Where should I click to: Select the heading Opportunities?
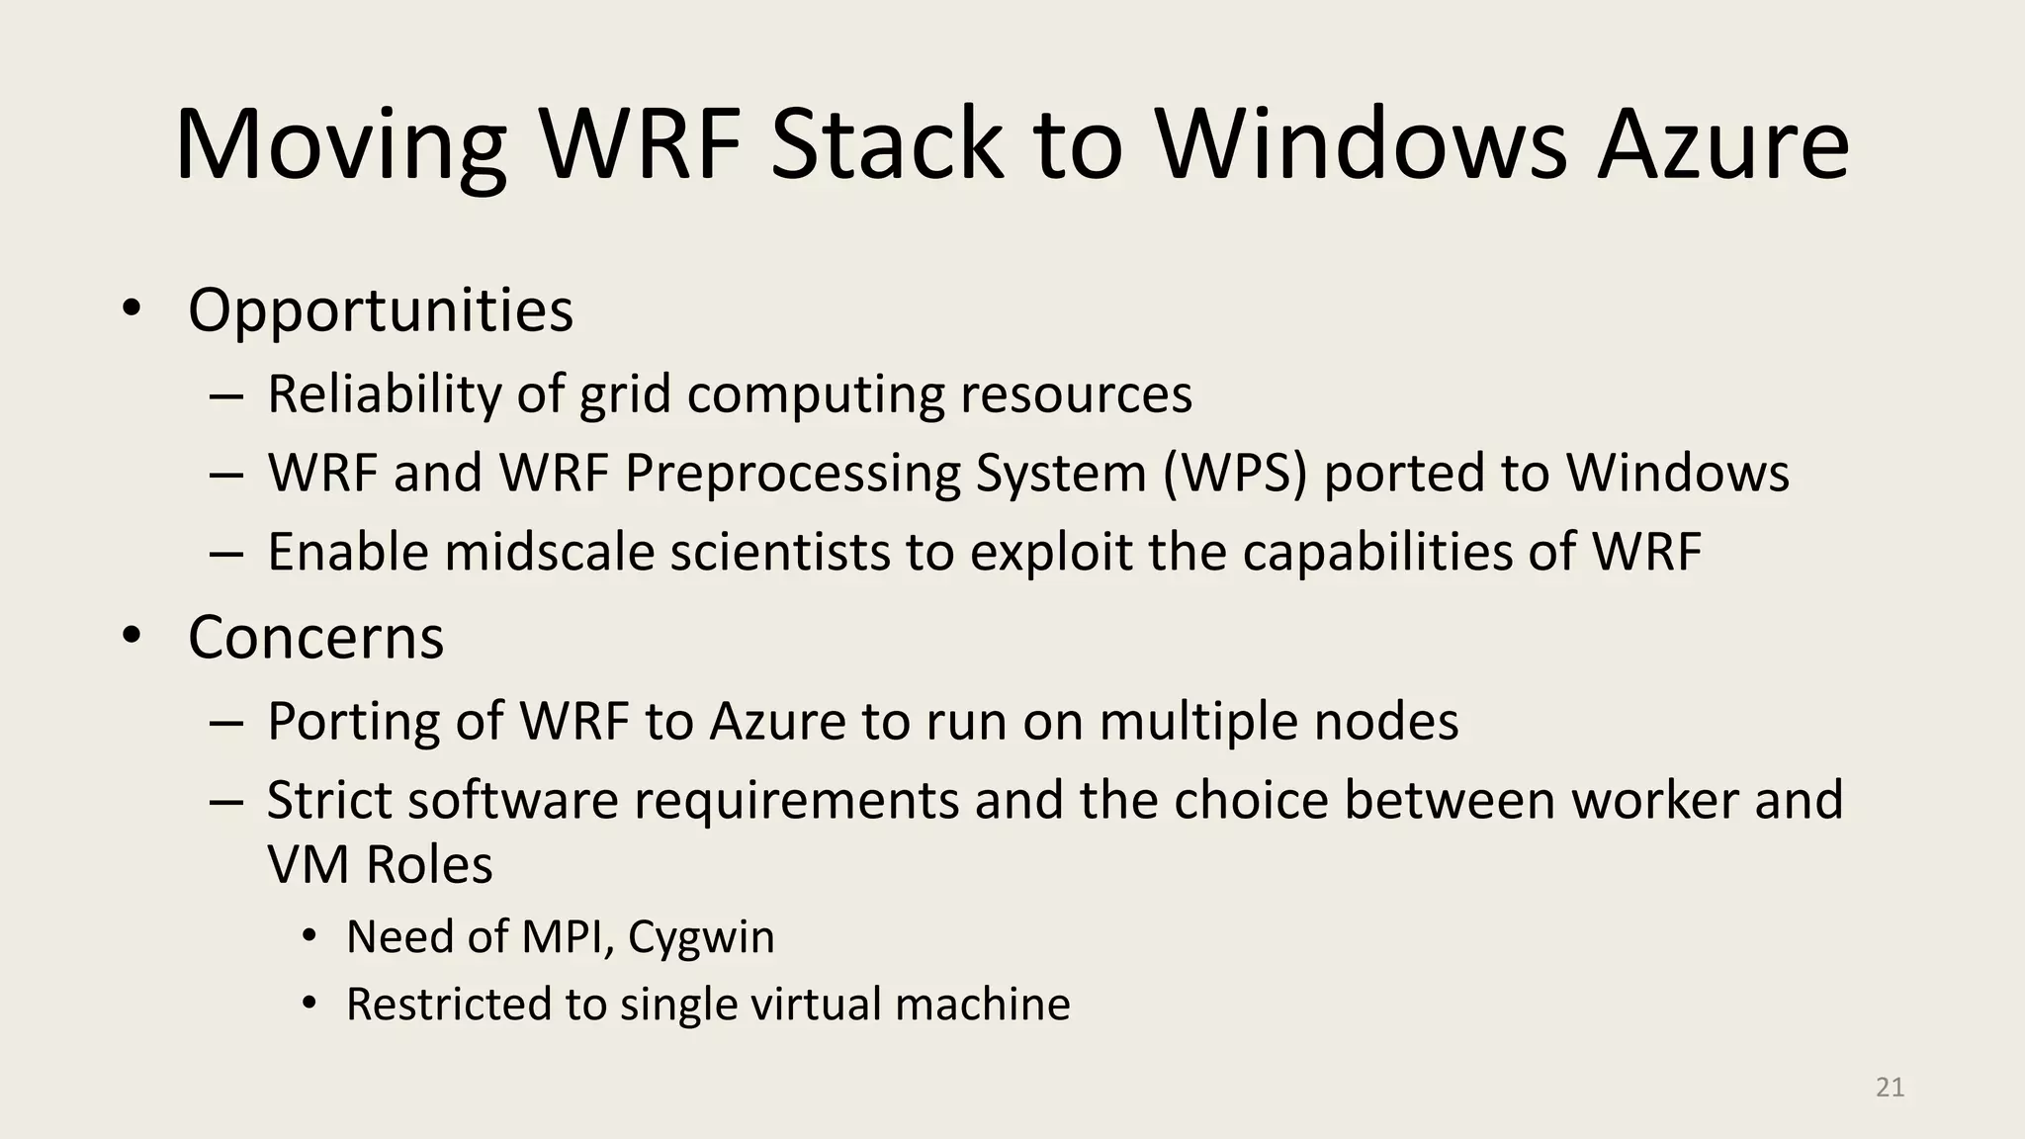click(x=381, y=310)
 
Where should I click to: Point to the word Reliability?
click(x=385, y=394)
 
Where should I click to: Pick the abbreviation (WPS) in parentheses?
click(x=1235, y=473)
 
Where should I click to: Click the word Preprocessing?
click(x=792, y=473)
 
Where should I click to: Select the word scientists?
click(x=780, y=552)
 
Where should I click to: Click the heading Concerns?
click(x=315, y=638)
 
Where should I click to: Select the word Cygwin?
click(x=701, y=937)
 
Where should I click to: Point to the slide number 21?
click(x=1890, y=1088)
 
